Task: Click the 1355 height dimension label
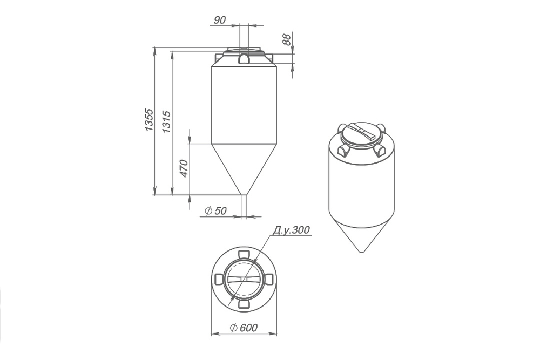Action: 149,120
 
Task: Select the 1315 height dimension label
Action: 166,121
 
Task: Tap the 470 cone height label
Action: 184,168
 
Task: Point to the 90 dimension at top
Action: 219,21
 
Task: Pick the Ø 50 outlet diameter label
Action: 216,210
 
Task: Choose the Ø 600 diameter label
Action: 244,328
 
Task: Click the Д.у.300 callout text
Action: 292,230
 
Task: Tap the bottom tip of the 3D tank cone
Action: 361,252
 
